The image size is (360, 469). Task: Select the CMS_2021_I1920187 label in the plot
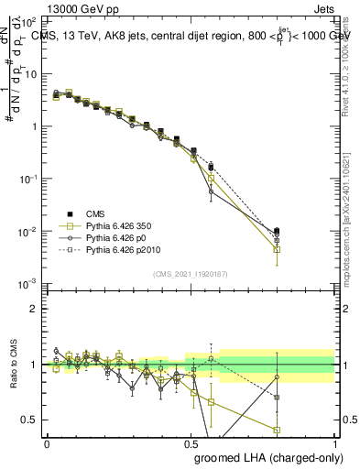click(x=191, y=273)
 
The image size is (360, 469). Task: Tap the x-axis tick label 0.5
click(x=191, y=443)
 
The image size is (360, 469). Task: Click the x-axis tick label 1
click(x=334, y=443)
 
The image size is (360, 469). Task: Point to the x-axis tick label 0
click(x=47, y=443)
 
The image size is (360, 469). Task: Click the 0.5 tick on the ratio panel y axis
click(x=30, y=420)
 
